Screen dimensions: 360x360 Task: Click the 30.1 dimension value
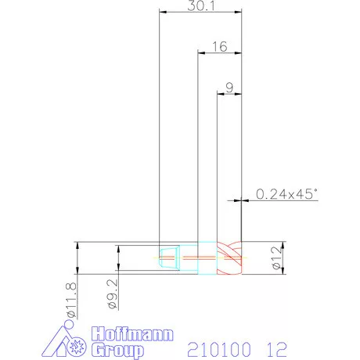point(201,5)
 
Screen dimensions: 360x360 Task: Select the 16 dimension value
point(220,47)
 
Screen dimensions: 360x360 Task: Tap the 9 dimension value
point(229,88)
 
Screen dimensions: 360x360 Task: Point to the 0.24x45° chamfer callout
point(286,194)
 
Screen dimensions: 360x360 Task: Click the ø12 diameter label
point(277,258)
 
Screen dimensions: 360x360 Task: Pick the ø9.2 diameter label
point(113,294)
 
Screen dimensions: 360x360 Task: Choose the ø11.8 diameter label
point(71,301)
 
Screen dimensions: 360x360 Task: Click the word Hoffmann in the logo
point(132,334)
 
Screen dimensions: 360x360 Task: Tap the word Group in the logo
point(118,351)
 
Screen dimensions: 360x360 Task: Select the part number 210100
point(219,350)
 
